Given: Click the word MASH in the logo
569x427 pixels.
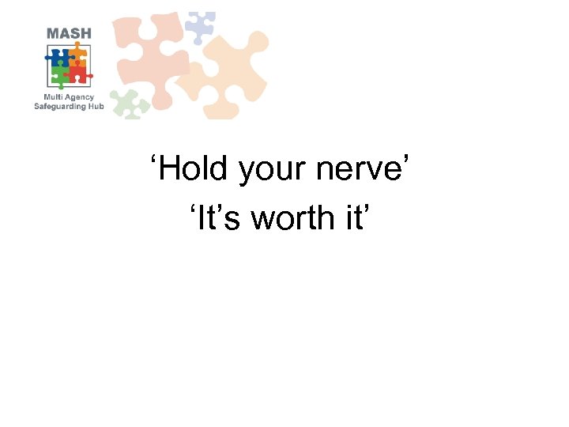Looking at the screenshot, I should (70, 33).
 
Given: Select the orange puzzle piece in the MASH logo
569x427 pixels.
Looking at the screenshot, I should (78, 55).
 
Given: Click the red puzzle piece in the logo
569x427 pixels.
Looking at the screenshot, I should (78, 74).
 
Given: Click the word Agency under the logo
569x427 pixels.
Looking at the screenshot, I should (78, 97).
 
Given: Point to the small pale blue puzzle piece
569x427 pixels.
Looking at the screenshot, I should (199, 26).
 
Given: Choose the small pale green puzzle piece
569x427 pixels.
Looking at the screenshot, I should (129, 103).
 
